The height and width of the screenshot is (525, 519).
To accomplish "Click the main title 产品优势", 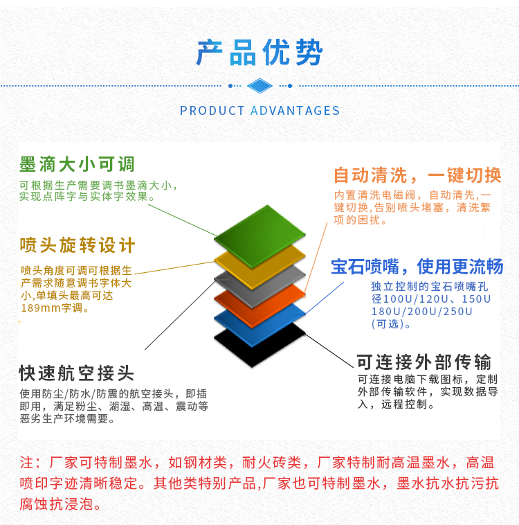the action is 259,52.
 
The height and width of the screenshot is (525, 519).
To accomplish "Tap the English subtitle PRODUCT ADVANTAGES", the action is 259,111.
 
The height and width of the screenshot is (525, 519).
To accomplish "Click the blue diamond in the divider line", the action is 259,86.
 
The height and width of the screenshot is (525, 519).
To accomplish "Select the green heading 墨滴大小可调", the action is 77,164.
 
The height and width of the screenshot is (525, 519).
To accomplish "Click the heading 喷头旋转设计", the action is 78,245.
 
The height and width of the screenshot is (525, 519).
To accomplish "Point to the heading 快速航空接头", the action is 77,373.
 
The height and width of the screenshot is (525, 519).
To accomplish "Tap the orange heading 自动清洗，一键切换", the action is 417,175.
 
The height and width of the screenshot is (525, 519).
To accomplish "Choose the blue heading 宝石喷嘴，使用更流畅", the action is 417,267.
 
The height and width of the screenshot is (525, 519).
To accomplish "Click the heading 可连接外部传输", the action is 424,362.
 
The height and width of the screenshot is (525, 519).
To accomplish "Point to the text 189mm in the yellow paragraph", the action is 41,308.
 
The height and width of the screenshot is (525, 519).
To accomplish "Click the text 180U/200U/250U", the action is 422,312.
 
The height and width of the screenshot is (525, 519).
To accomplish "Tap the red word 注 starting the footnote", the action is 26,463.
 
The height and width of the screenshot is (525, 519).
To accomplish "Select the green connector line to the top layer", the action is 183,220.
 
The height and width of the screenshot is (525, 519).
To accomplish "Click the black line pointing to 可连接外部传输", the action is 329,350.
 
